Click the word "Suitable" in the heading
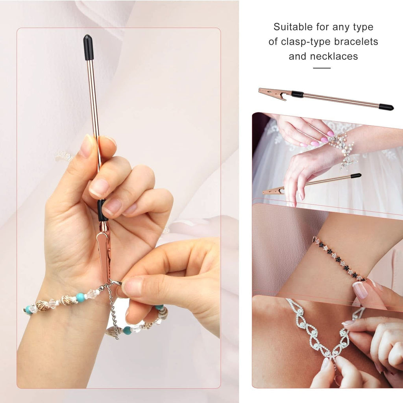(293, 27)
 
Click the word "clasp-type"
(305, 42)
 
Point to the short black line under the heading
(322, 68)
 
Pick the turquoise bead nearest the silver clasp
(80, 297)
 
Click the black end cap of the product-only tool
(386, 107)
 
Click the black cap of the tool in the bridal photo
(355, 176)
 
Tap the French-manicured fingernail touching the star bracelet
(360, 290)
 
